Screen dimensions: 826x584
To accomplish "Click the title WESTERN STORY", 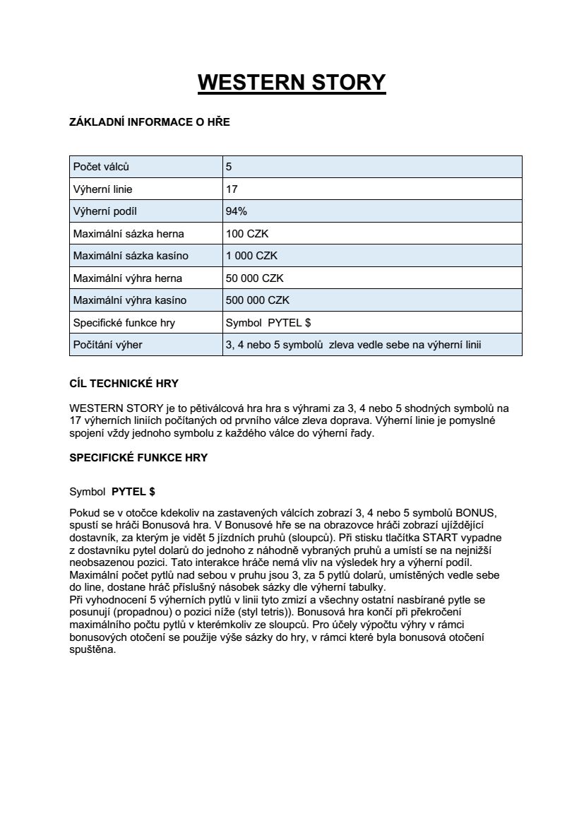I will [x=292, y=82].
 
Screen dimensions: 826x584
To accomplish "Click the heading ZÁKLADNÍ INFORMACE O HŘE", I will [x=150, y=122].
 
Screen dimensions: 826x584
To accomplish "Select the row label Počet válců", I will [x=102, y=167].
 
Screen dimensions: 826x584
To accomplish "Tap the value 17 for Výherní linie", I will [x=232, y=189].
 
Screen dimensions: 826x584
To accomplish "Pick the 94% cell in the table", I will [x=237, y=211].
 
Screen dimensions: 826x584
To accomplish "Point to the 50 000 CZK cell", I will [x=254, y=278].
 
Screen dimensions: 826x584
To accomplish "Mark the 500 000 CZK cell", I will [x=257, y=300].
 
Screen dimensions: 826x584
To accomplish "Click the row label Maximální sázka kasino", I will [x=131, y=256].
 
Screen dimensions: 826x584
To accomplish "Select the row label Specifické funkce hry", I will [x=124, y=323].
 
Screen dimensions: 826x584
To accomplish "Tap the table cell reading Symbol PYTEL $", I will [x=268, y=323].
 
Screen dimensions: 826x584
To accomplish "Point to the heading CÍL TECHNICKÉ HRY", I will [x=124, y=384].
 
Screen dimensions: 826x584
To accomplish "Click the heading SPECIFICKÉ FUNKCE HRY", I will [x=138, y=457].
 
